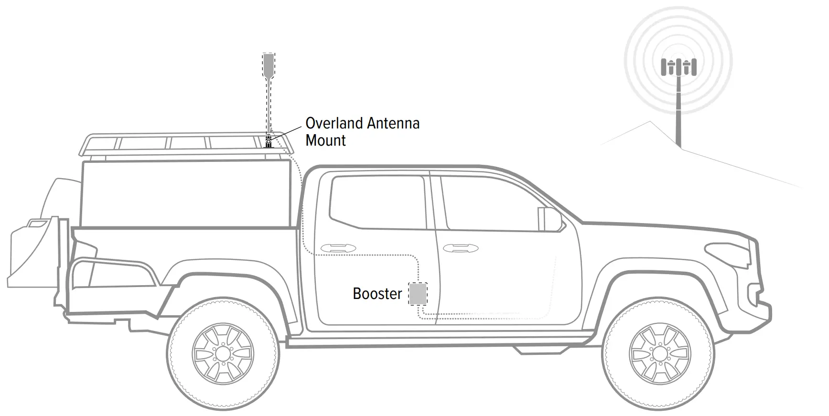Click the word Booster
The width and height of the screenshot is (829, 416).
point(377,293)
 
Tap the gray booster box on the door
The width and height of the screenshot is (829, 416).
point(418,294)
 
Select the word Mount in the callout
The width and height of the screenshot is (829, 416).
point(325,140)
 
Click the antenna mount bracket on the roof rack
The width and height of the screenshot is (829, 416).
point(269,141)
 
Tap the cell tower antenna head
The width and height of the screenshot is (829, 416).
point(678,67)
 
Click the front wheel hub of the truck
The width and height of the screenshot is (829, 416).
point(660,354)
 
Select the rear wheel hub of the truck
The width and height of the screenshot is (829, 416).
point(223,354)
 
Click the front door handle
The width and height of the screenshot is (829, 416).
point(461,248)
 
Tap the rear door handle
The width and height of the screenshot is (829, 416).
point(338,248)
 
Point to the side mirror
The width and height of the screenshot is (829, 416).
point(549,219)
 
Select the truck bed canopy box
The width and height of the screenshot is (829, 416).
point(186,193)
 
